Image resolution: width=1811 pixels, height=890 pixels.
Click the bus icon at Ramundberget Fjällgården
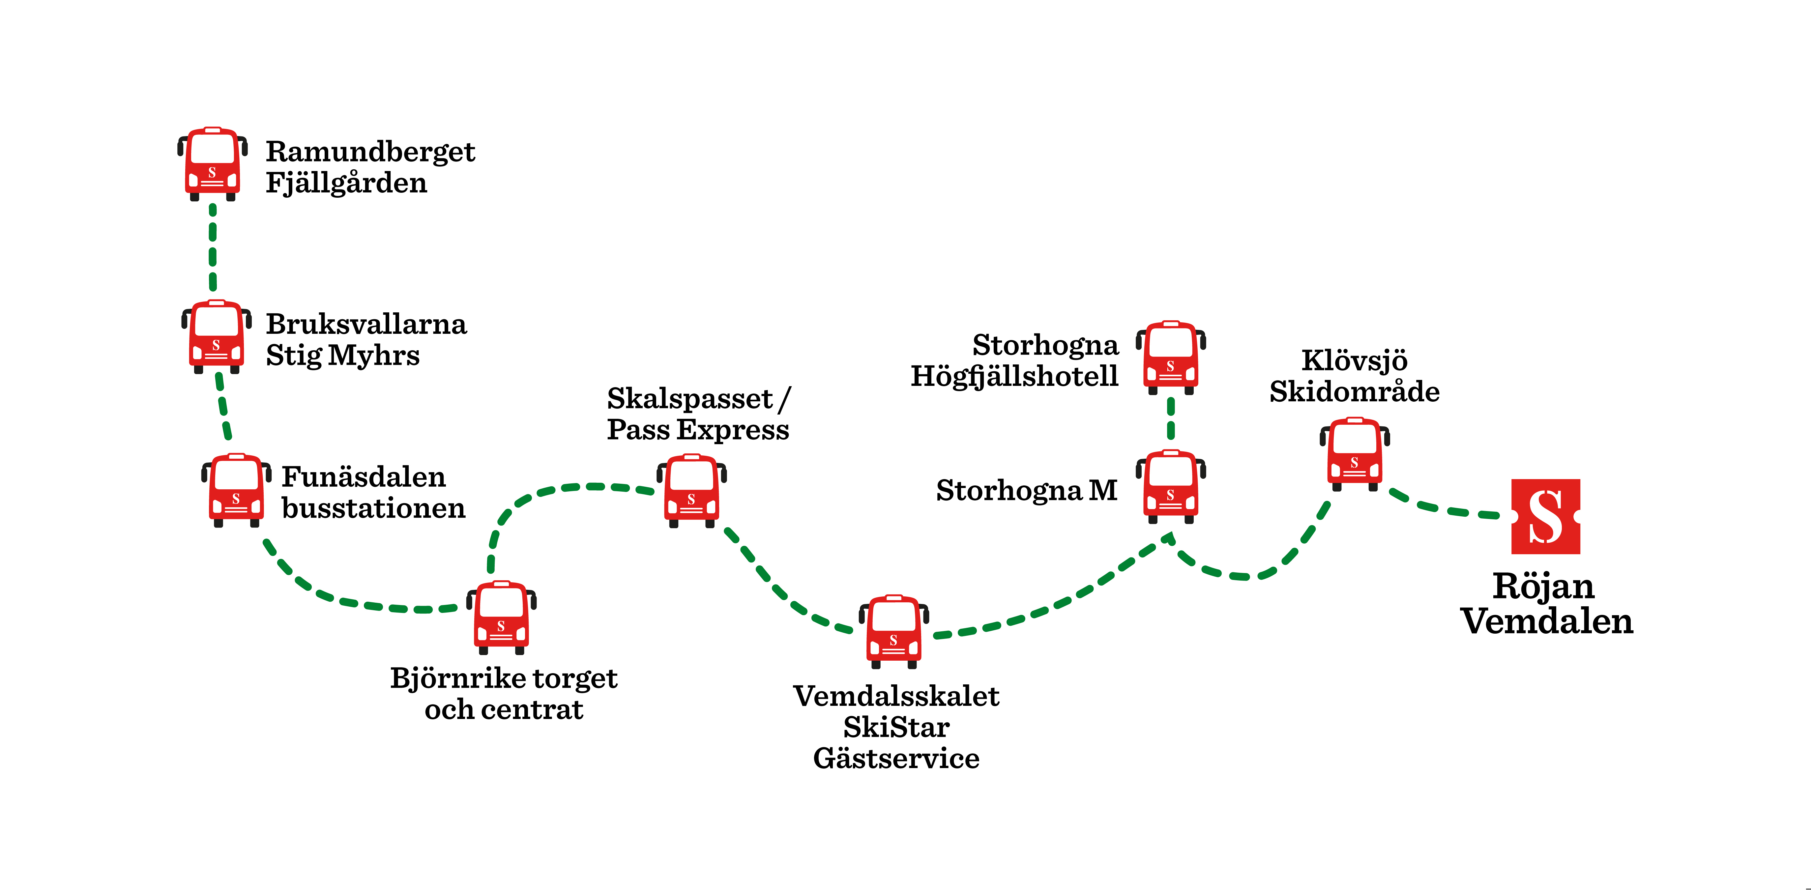212,164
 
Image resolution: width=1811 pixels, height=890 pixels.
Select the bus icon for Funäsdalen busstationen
236,490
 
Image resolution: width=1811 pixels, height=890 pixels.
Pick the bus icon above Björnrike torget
501,617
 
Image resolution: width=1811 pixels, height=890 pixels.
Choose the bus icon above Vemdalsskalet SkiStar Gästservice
893,631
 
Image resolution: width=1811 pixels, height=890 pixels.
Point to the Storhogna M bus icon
1171,486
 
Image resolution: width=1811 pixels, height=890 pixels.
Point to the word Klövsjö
1354,360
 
